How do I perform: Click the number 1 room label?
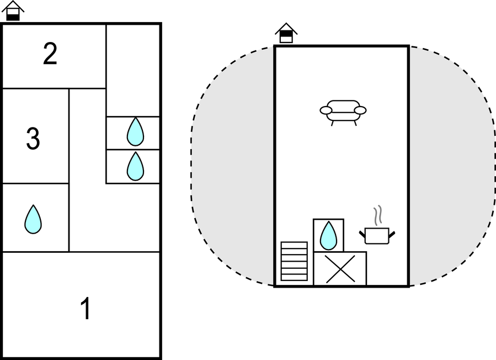(x=86, y=309)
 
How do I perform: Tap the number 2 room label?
(x=50, y=55)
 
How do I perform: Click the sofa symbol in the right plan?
(x=343, y=111)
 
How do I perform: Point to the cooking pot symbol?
(x=377, y=235)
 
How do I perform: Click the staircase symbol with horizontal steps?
(x=294, y=261)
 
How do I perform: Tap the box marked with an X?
(x=340, y=268)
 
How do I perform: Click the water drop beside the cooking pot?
(x=328, y=236)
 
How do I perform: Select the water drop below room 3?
(x=33, y=219)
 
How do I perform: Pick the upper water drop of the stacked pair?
(x=135, y=132)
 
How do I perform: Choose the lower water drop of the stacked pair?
(x=135, y=166)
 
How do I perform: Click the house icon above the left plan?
(x=13, y=11)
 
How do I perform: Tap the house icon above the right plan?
(x=286, y=33)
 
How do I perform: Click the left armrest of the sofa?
(x=326, y=110)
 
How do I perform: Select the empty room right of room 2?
(x=133, y=69)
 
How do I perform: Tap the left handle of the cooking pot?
(x=362, y=235)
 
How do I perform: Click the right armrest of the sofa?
(x=360, y=110)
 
